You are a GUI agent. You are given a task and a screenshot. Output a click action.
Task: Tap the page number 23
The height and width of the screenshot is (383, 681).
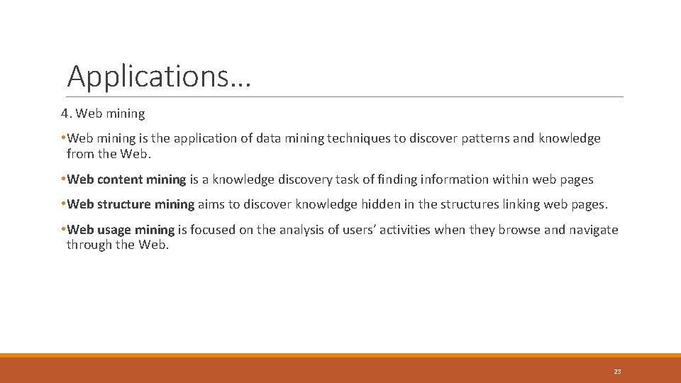[617, 372]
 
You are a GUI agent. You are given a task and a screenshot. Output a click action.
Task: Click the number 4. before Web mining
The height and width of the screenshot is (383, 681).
[66, 113]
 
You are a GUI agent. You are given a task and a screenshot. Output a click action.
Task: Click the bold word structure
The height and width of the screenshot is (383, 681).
[125, 204]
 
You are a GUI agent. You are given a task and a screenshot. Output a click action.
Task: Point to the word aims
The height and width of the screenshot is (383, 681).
[211, 204]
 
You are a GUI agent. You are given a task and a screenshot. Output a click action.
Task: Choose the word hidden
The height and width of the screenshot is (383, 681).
[381, 204]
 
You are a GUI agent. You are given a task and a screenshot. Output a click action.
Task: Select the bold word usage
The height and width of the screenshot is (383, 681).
[116, 230]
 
